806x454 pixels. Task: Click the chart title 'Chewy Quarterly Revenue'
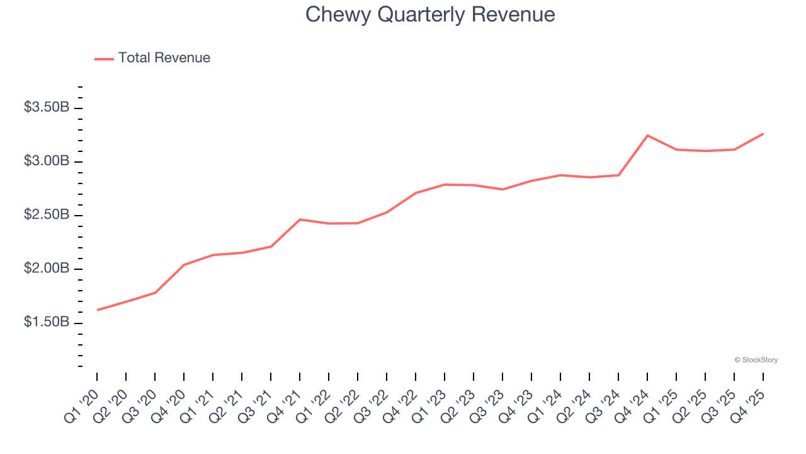430,15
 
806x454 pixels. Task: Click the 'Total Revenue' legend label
164,58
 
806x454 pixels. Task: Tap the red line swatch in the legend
104,59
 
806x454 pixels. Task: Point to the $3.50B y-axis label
47,108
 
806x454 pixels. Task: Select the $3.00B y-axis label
47,161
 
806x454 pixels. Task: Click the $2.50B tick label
47,215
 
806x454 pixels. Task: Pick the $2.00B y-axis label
47,269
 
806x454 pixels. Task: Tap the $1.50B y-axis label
47,322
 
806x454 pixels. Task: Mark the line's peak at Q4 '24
647,136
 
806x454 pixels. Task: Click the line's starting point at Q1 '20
97,310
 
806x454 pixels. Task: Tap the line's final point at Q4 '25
763,134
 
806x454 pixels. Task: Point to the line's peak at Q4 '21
300,219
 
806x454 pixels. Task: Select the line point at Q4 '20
184,265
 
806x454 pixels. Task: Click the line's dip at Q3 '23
502,189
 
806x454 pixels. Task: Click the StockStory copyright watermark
756,360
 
